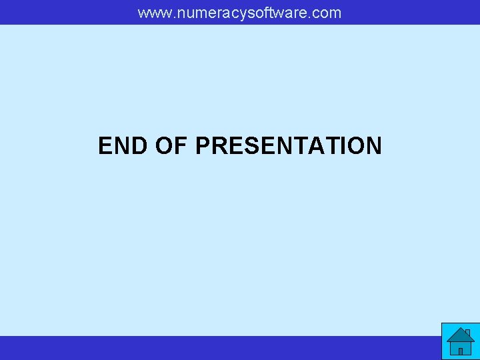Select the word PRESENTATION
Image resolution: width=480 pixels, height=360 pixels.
tap(289, 145)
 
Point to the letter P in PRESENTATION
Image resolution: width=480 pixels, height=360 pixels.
tap(203, 145)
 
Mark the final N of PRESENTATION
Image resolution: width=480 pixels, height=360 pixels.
tap(373, 145)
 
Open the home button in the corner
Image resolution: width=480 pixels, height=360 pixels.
tap(460, 341)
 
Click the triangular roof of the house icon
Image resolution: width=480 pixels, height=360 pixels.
tap(459, 335)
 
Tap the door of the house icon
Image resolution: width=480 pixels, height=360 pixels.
tap(460, 350)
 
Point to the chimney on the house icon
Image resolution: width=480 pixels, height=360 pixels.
tap(467, 332)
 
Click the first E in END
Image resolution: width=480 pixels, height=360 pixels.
tap(105, 145)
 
